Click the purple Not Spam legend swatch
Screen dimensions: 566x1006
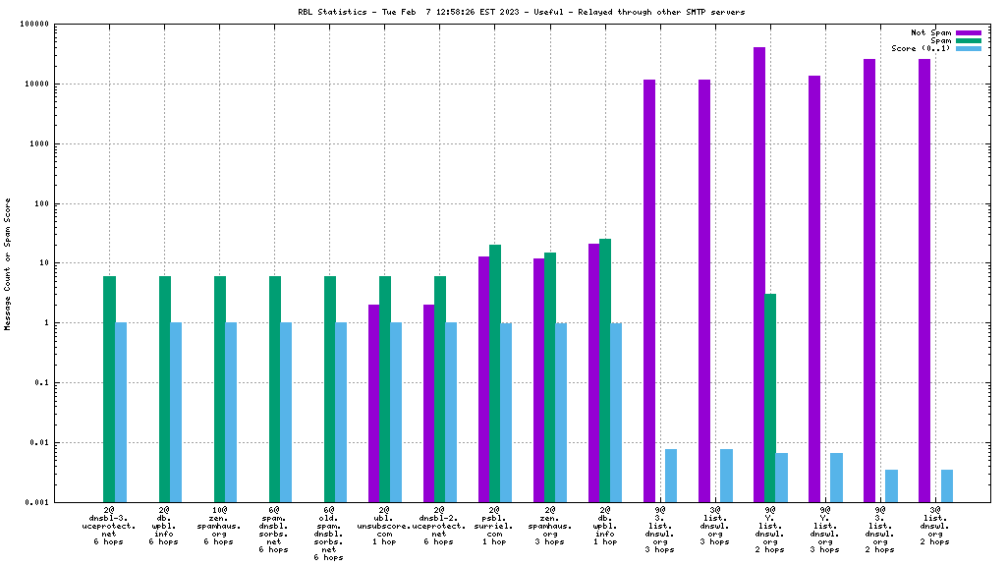coord(968,32)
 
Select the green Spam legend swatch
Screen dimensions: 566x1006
coord(968,40)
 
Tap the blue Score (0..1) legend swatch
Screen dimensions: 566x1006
coord(968,48)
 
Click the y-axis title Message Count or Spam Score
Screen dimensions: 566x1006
coord(8,263)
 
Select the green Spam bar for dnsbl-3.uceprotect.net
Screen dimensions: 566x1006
coord(110,389)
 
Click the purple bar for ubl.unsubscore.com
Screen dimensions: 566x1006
coord(373,403)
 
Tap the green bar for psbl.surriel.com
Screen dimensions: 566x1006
coord(495,373)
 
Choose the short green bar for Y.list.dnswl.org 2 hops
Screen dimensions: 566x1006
coord(770,398)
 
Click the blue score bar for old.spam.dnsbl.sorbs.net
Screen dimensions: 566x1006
coord(341,412)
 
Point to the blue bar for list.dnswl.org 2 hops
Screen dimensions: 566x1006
coord(947,485)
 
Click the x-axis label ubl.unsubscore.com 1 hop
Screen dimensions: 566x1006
coord(384,526)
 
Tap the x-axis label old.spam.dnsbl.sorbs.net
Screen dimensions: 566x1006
coord(329,534)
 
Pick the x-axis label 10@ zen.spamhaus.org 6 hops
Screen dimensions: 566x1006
coord(219,526)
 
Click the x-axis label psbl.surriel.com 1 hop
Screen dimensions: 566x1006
coord(494,526)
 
